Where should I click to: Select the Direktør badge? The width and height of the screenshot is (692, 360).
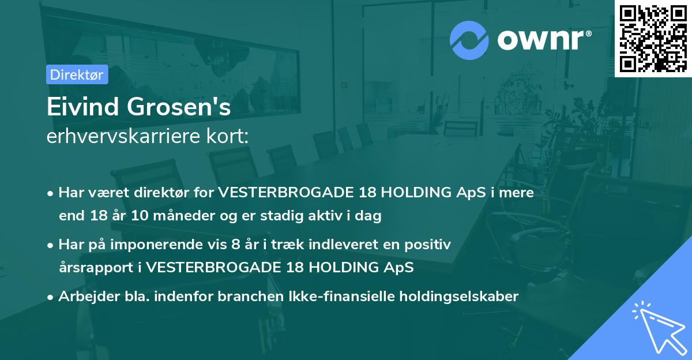click(77, 74)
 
